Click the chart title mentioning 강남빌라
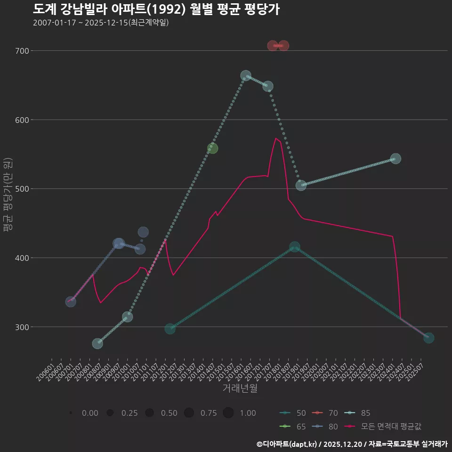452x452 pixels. (156, 9)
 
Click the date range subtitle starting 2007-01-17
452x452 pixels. (101, 23)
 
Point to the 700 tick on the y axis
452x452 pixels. (23, 51)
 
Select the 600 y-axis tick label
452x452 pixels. (23, 120)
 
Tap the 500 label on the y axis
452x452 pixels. (23, 189)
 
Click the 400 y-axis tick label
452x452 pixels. (23, 258)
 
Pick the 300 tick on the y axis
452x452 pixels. (23, 327)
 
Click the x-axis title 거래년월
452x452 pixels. (240, 388)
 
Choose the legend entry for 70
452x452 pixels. (325, 413)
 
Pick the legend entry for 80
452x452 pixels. (325, 427)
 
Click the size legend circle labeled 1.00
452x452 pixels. (228, 413)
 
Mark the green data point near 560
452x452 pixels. (212, 148)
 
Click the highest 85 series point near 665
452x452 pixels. (246, 75)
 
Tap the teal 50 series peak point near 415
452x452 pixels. (295, 247)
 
